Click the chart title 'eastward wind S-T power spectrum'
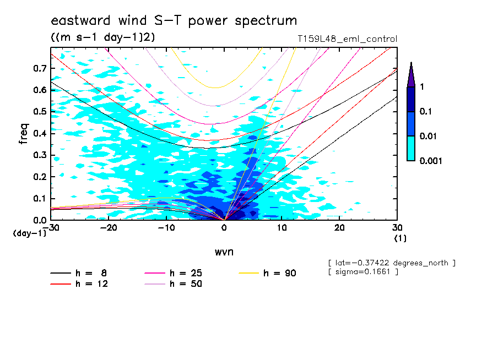point(174,21)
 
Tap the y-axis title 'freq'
point(24,134)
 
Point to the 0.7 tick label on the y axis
point(39,68)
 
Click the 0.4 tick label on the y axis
point(39,133)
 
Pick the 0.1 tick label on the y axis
point(39,198)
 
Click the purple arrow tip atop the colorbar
point(411,72)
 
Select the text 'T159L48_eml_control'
point(347,39)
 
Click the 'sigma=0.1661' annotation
point(363,272)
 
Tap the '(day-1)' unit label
point(30,233)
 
